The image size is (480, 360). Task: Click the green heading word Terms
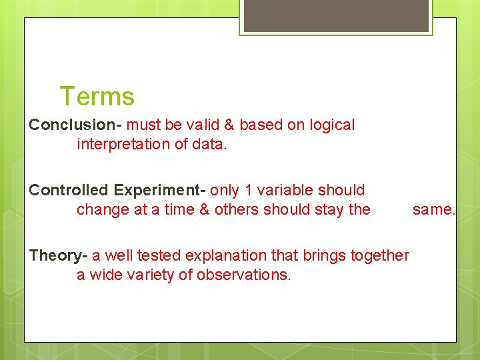[x=97, y=97]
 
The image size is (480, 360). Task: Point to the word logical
[x=329, y=125]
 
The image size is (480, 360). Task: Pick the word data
[x=210, y=144]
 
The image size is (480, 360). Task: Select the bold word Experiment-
[x=159, y=190]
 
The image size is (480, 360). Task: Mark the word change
[x=101, y=209]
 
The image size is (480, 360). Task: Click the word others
[x=237, y=209]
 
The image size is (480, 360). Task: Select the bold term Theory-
[x=58, y=255]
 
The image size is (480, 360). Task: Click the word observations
[x=244, y=275]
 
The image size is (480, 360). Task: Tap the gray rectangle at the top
[x=336, y=15]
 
